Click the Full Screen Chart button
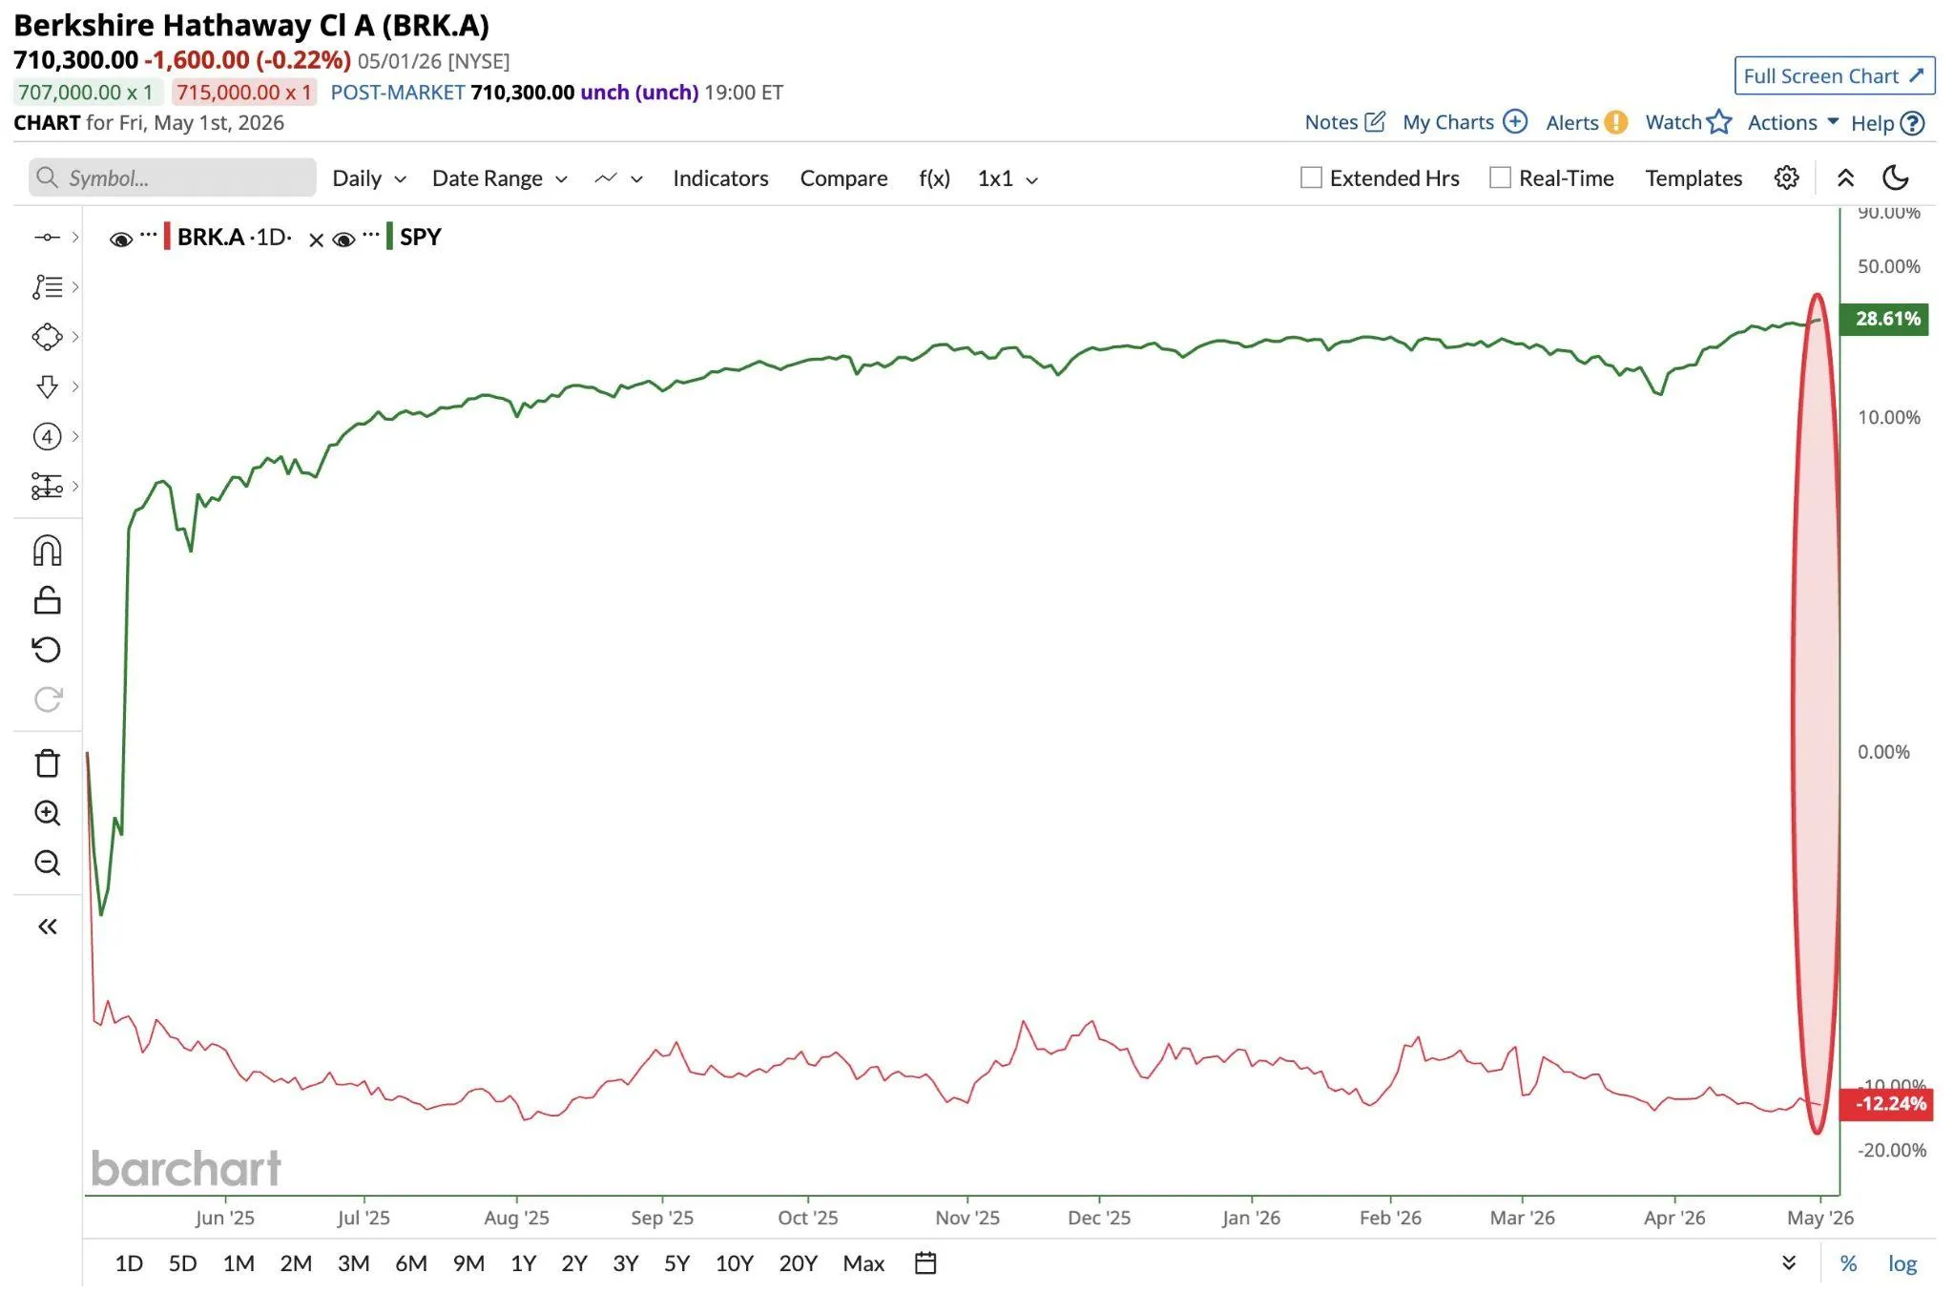(x=1834, y=75)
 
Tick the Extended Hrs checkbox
(x=1311, y=177)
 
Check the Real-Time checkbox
(x=1500, y=177)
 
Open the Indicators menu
(x=720, y=178)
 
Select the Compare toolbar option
(x=843, y=178)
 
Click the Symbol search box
(x=172, y=177)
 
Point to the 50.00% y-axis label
(x=1888, y=266)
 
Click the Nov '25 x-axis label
(x=967, y=1218)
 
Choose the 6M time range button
(x=411, y=1263)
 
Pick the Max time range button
(x=863, y=1263)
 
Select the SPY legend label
(x=420, y=237)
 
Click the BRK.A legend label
(x=211, y=237)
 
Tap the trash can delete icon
(x=47, y=763)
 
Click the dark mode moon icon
(x=1895, y=177)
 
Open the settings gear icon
(x=1786, y=177)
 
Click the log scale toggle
(x=1902, y=1264)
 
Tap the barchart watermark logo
(x=186, y=1168)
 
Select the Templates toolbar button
(x=1694, y=178)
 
